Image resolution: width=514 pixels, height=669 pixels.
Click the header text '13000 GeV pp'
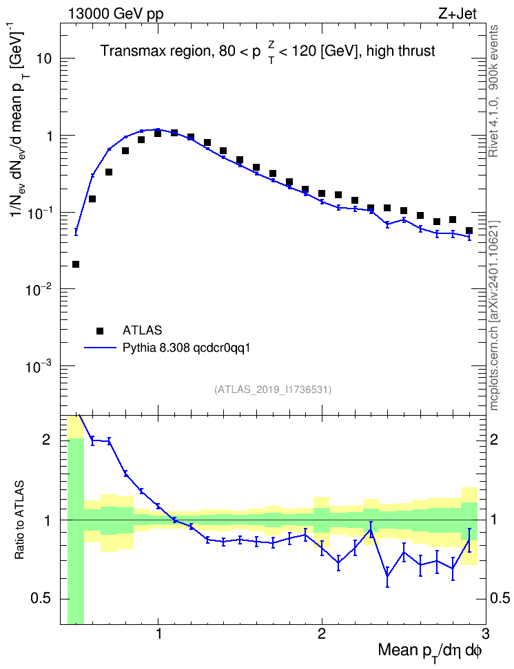click(x=115, y=14)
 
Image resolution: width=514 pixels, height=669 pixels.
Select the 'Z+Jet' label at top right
click(x=458, y=14)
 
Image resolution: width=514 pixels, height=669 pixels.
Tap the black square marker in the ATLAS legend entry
click(x=100, y=330)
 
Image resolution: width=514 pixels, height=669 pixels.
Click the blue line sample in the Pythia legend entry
click(x=100, y=348)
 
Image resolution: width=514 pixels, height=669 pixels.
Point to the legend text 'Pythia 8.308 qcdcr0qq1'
click(x=186, y=348)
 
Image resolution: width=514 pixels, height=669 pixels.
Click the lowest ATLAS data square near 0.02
click(x=76, y=264)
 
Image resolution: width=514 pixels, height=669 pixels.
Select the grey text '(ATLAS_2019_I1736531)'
click(x=273, y=389)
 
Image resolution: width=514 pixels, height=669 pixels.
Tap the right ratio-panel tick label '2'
click(x=494, y=439)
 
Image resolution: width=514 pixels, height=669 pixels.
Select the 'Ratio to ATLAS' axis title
click(x=19, y=520)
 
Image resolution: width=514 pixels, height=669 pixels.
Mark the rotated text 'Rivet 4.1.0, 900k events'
click(x=494, y=91)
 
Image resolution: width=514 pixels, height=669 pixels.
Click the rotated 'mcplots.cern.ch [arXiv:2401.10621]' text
click(x=494, y=316)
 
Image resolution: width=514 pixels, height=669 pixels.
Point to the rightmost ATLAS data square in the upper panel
click(x=469, y=231)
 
